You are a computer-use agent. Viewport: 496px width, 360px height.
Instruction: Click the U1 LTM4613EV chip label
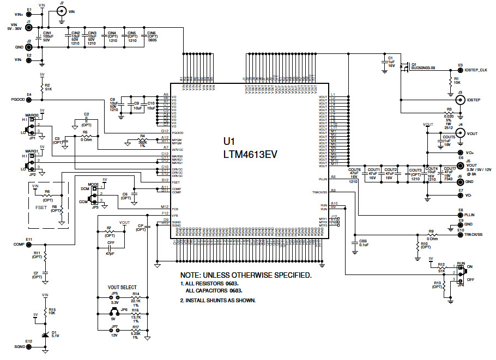point(250,148)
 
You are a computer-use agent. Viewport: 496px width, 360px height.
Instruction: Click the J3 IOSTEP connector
point(459,100)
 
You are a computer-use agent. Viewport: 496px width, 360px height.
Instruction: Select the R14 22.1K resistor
point(135,298)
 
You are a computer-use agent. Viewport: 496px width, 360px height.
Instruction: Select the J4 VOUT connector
point(459,133)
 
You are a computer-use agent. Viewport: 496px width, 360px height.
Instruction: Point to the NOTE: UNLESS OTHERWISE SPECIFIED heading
point(246,275)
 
